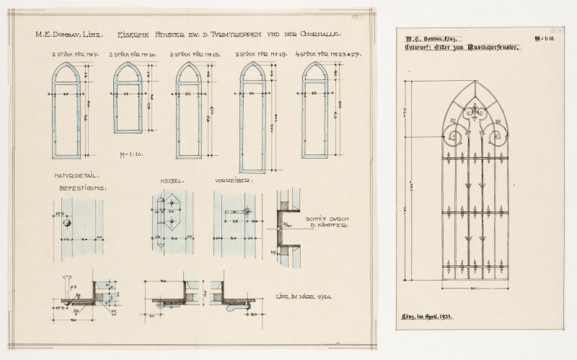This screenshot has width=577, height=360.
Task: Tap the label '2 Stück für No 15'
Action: pos(190,54)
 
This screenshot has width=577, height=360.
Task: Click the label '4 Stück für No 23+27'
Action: pos(319,54)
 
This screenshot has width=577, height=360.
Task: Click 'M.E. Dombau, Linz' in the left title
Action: pos(69,34)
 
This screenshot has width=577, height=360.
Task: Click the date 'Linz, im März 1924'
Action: pos(303,296)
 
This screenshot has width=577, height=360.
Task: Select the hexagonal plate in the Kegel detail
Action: pos(171,222)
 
